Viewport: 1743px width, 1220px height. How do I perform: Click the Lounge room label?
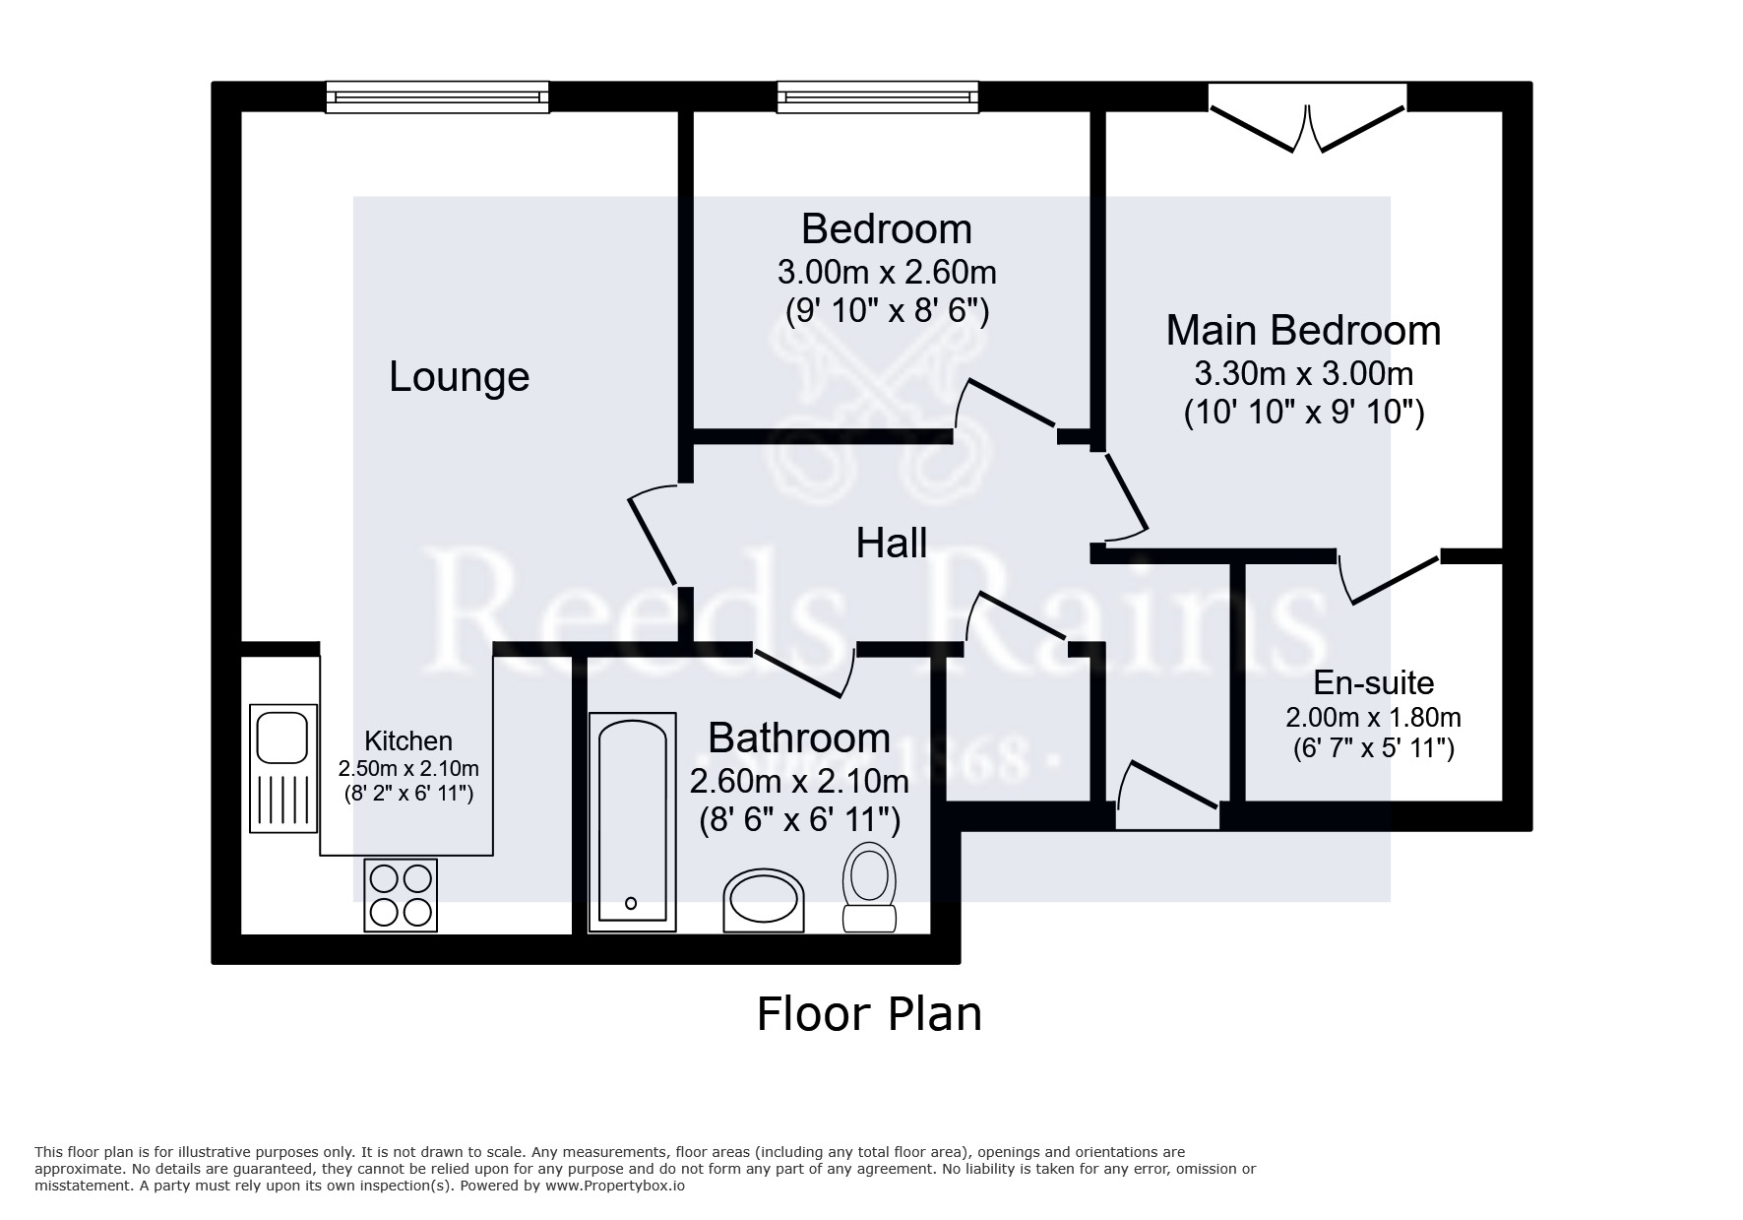pos(459,377)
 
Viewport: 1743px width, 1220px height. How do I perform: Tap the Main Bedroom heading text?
pos(1302,330)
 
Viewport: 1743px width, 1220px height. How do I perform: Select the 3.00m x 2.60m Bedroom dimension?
pos(886,271)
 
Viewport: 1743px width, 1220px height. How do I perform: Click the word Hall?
pos(891,544)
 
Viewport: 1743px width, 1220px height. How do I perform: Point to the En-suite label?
pos(1373,682)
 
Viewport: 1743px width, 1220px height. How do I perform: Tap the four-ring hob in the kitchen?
pos(401,895)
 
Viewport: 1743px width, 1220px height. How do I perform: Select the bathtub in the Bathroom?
pos(632,822)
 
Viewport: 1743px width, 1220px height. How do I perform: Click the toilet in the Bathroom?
pos(869,886)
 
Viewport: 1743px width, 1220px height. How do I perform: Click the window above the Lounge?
pos(438,96)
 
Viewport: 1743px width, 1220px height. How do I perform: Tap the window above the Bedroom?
pos(878,96)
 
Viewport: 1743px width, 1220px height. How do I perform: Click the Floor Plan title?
pos(869,1014)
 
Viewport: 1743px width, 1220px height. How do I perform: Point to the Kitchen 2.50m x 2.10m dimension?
pos(408,768)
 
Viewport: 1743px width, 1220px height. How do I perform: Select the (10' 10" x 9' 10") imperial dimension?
pos(1303,412)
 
